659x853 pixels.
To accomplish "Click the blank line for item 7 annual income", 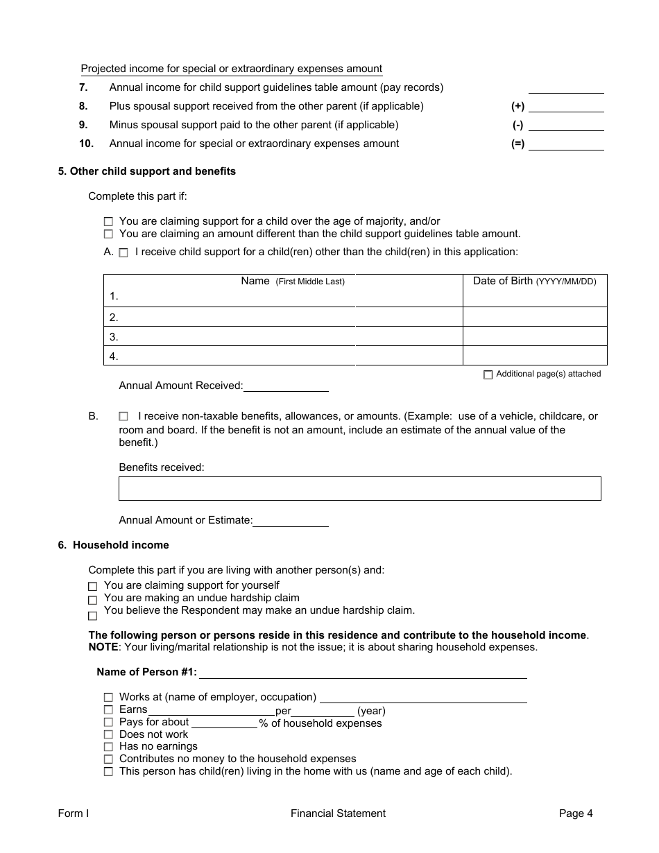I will pos(565,88).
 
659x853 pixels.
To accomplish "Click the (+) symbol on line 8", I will pos(517,107).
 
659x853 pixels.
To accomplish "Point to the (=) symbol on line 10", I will pos(517,144).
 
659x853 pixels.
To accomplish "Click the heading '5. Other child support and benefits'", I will pos(147,171).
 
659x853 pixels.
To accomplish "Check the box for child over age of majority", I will pos(108,222).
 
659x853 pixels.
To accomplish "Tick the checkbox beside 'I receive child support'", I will pos(123,253).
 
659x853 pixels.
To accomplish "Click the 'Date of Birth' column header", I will pos(534,281).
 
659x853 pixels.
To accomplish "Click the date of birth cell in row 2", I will pos(534,318).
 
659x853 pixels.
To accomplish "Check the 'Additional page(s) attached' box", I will pos(488,374).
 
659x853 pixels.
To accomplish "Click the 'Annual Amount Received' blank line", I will pos(285,386).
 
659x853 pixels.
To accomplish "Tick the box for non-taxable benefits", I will pos(123,417).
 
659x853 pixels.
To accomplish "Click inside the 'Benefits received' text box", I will pos(359,488).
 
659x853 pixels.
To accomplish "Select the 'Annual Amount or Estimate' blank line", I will pos(290,521).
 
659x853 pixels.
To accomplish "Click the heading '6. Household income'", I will pos(114,545).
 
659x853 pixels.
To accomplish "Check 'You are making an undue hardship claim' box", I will pos(93,600).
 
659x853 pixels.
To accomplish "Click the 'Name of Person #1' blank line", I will pos(363,673).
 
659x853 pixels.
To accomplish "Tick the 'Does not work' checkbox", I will pos(108,734).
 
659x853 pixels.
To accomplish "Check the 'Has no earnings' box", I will pos(108,747).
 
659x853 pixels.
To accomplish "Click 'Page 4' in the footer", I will pos(576,813).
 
